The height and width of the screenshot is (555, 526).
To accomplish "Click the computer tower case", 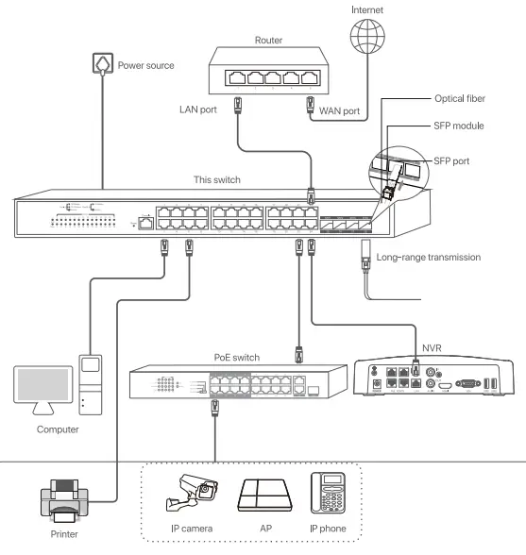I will coord(90,385).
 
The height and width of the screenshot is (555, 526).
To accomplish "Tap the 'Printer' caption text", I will coord(64,535).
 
